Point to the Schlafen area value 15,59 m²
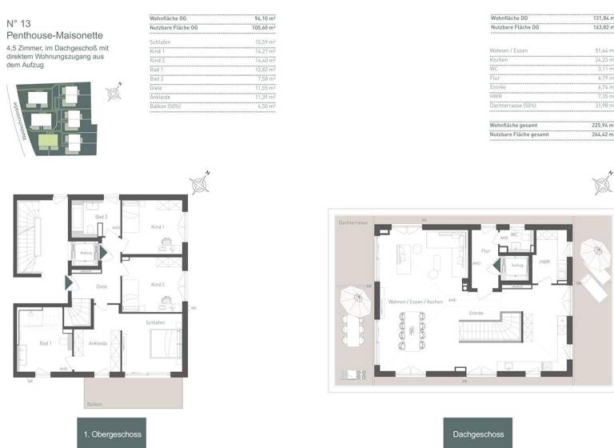pos(265,42)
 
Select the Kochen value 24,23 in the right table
pos(604,60)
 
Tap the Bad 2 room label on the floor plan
pos(102,217)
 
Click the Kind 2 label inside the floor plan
pos(157,284)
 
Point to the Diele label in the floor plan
pos(102,286)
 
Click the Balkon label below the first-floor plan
pos(94,405)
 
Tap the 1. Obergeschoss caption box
pos(112,434)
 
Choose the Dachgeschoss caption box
pos(478,434)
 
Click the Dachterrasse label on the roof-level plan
pos(352,222)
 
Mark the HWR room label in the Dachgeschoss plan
pos(544,262)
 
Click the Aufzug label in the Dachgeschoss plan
pos(517,265)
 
